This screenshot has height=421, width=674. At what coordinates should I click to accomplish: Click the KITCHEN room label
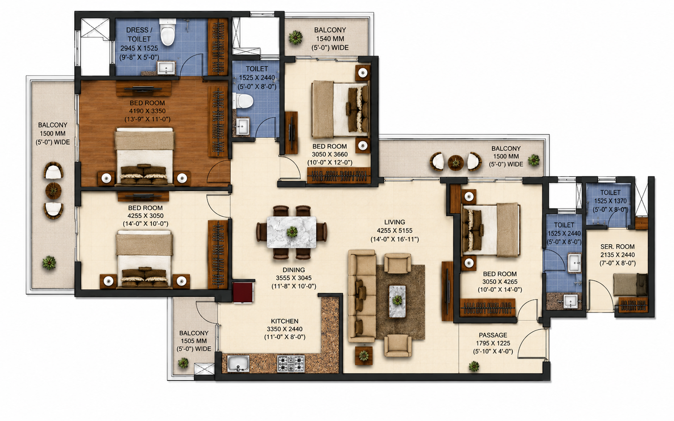click(285, 321)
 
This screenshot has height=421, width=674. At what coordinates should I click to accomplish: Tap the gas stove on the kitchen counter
click(291, 364)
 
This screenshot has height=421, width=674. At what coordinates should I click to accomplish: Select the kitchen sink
click(238, 364)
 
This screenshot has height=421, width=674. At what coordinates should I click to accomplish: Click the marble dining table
click(292, 232)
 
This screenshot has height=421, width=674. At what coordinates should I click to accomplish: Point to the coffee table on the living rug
click(397, 301)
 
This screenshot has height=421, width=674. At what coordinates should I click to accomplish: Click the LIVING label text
click(395, 222)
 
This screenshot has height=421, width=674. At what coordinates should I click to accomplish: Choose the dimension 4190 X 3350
click(147, 111)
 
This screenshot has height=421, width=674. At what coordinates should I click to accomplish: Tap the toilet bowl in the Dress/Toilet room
click(167, 33)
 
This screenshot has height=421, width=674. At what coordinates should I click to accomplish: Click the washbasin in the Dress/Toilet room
click(166, 68)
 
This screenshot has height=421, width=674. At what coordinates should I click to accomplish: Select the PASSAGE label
click(493, 335)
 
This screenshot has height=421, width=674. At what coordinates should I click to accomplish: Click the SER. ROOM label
click(618, 247)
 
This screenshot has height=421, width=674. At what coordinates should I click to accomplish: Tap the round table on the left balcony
click(54, 190)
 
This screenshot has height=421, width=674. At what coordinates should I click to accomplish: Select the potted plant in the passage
click(474, 366)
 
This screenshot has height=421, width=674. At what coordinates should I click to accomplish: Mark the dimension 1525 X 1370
click(610, 201)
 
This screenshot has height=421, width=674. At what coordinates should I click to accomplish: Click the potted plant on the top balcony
click(295, 38)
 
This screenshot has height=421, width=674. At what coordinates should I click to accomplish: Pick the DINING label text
click(293, 270)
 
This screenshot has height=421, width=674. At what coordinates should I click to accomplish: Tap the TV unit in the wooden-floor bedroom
click(144, 89)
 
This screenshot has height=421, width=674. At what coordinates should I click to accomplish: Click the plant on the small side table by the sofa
click(364, 356)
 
